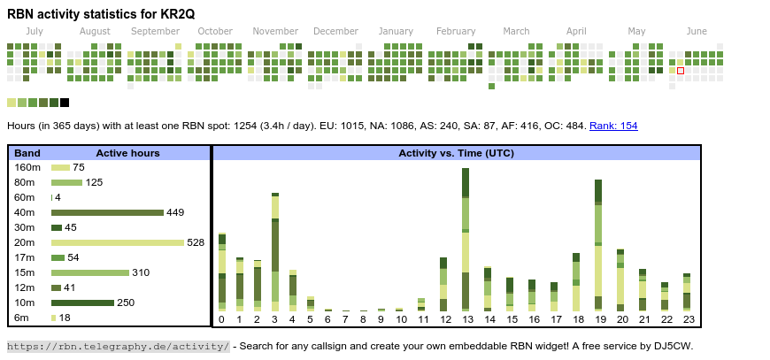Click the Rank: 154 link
613,126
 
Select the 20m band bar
118,242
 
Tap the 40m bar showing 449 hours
107,212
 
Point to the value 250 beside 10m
126,303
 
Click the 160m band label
27,167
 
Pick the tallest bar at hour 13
466,240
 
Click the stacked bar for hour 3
275,251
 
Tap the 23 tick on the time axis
687,319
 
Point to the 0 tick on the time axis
221,319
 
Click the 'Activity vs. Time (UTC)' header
456,153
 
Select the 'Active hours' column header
127,153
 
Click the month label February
456,31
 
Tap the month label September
155,31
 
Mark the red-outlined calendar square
681,71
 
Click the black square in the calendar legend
65,103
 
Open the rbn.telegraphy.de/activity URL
118,346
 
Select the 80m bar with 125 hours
66,182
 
